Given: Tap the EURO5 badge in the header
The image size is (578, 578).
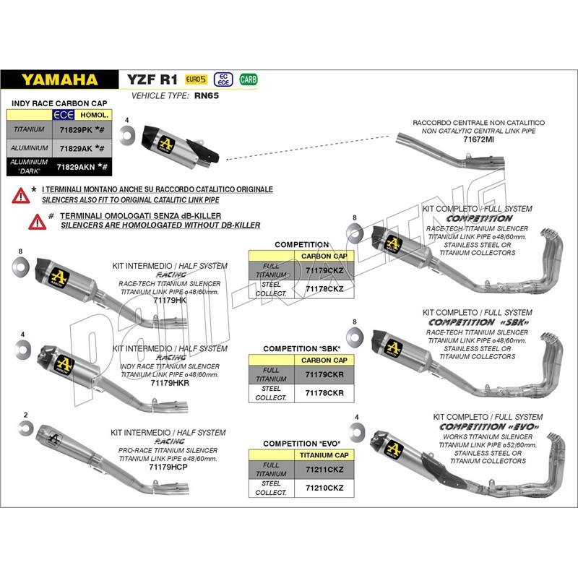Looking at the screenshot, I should tap(196, 79).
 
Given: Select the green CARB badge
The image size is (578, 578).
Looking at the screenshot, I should tap(248, 79).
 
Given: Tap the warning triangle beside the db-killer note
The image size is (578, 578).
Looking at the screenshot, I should tap(36, 220).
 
